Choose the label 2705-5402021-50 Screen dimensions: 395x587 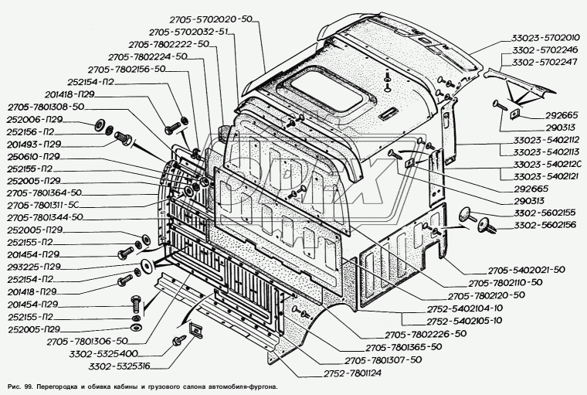point(504,271)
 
